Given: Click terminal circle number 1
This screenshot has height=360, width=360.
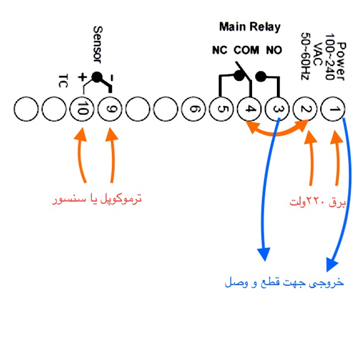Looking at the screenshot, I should point(333,109).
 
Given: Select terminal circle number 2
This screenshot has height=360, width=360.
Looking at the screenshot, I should point(305,109).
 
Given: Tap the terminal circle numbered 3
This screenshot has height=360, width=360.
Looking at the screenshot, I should point(277,109).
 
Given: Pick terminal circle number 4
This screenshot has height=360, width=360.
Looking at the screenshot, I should point(250,109).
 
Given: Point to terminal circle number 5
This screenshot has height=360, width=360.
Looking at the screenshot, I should point(222,109).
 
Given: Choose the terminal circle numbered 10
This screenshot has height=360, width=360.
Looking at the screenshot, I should point(83,109).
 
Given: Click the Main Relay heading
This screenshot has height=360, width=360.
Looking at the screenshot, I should point(250,27).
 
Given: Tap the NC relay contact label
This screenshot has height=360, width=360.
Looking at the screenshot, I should point(220,50).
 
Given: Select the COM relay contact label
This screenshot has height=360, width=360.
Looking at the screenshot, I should point(246,50).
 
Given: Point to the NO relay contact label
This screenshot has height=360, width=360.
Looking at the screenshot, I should point(274,50).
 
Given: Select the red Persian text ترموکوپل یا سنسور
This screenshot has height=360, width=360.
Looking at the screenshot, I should point(97,198).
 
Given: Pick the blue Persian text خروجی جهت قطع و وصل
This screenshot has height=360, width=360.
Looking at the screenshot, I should point(284,282).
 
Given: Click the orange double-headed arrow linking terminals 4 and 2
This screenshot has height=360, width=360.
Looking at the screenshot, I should point(277,132).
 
